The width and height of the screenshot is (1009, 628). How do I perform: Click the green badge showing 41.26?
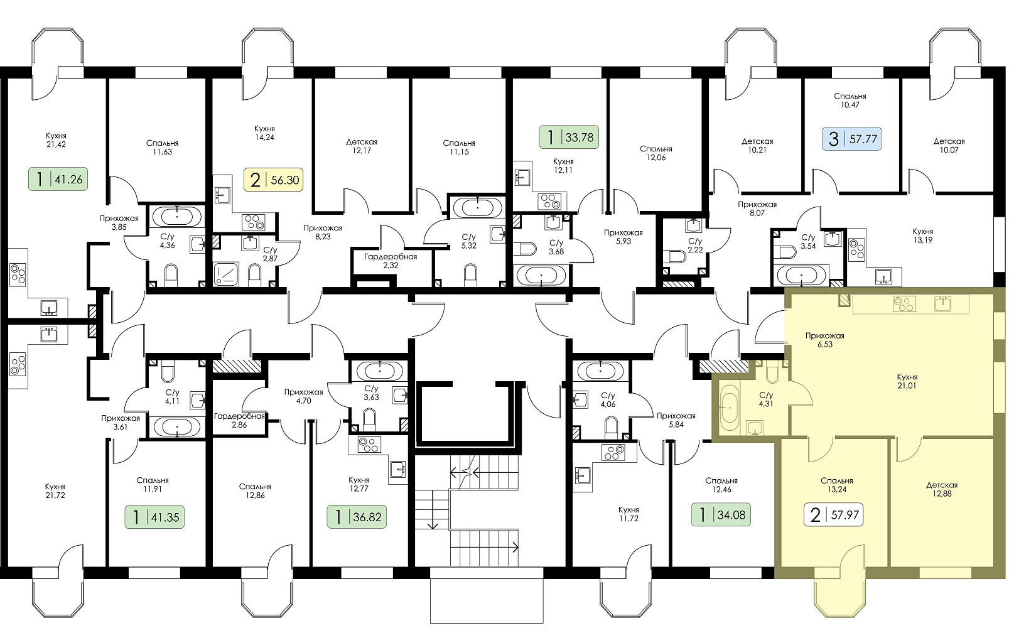(58, 180)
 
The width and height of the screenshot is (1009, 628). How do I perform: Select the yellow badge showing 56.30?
(274, 180)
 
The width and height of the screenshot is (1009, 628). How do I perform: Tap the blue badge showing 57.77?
(852, 139)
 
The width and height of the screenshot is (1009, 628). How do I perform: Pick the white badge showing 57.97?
(833, 514)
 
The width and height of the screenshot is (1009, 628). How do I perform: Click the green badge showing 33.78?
(569, 137)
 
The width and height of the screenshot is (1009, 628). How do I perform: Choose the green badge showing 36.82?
(357, 517)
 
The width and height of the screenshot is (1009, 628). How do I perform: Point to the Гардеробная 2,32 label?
(391, 261)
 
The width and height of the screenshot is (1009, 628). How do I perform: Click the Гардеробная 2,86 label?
(239, 420)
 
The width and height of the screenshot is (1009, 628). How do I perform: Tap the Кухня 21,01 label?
(907, 381)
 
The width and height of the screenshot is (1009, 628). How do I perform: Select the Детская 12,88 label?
(942, 489)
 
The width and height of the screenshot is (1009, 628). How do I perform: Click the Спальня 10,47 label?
(850, 100)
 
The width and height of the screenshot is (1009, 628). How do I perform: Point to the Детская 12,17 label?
(362, 146)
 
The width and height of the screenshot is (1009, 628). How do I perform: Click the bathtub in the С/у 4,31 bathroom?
(729, 407)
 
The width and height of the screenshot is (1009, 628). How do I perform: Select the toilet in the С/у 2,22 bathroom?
(677, 256)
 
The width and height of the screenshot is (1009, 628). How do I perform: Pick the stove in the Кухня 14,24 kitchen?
(253, 222)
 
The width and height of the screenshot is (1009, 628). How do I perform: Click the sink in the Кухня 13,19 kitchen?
(883, 276)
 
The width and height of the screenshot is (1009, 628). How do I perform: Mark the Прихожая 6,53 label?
(825, 340)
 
